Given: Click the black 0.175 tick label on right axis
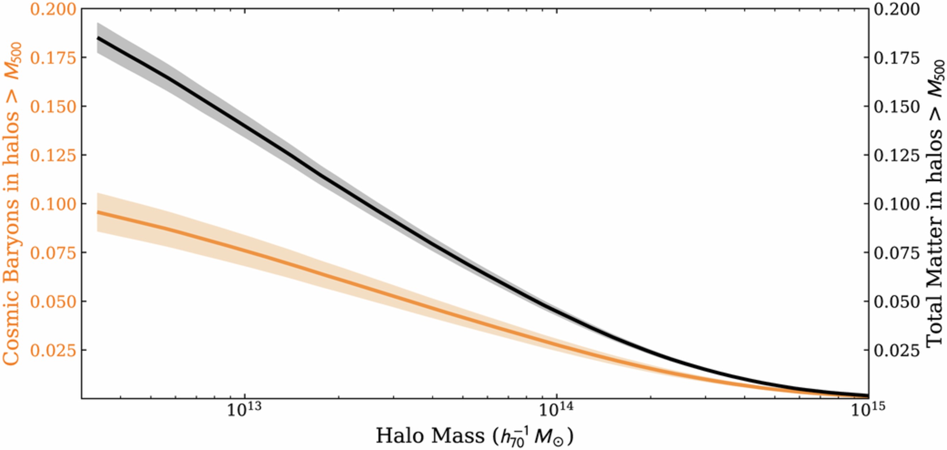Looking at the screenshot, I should (x=896, y=58).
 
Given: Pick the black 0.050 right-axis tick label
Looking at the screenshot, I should (x=896, y=302).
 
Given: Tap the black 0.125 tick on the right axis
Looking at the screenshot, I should (x=896, y=156).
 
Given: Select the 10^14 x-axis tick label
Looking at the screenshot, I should (x=557, y=409).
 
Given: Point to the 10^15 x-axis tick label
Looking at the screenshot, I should (x=868, y=409).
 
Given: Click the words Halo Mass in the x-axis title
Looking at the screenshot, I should (x=430, y=436).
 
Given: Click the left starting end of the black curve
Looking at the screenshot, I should (x=98, y=38).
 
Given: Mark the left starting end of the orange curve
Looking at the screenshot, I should (x=98, y=212).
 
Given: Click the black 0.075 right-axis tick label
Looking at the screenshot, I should (x=896, y=253).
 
